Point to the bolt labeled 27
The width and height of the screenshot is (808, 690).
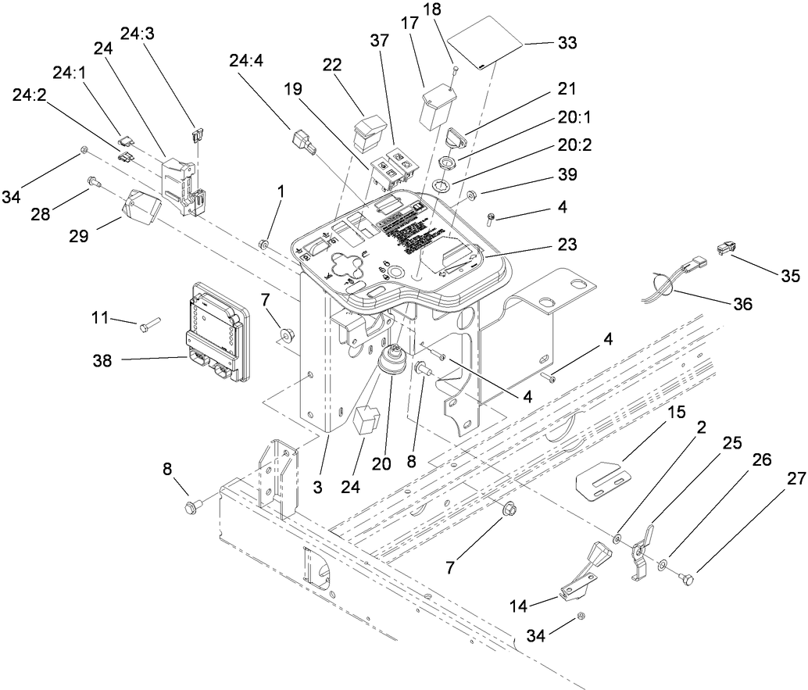688,578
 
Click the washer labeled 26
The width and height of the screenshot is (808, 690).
663,563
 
